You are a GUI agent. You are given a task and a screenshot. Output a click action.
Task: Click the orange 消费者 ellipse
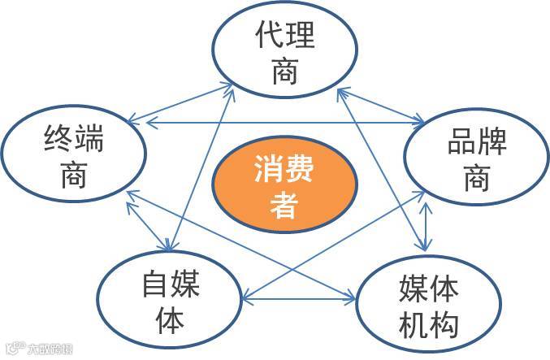click(x=284, y=188)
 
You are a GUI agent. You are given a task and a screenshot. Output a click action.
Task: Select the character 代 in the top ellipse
click(x=267, y=37)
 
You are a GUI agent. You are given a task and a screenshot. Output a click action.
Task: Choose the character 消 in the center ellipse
click(x=268, y=170)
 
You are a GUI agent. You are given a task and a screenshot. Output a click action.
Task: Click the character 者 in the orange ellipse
click(x=284, y=205)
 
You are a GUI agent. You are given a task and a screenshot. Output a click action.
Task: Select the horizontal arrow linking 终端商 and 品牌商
click(x=284, y=123)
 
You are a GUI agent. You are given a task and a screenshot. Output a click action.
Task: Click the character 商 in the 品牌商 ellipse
click(x=477, y=179)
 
